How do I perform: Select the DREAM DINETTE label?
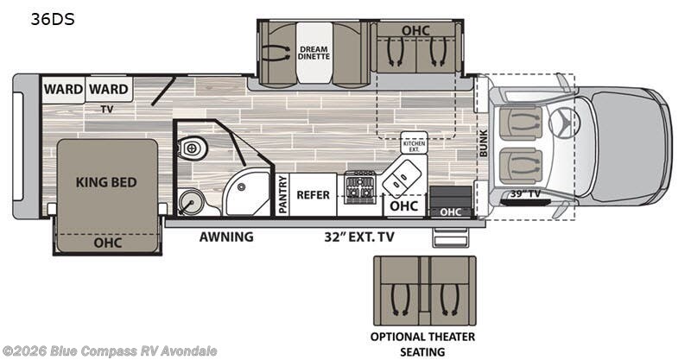click(314, 53)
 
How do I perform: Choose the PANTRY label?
click(282, 194)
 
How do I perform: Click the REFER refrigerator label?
click(313, 194)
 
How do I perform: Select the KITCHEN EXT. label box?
click(414, 143)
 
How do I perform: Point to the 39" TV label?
click(524, 193)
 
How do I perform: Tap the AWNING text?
click(226, 237)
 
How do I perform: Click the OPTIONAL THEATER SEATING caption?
click(423, 344)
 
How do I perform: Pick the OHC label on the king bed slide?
click(106, 243)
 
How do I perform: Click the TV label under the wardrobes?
click(107, 110)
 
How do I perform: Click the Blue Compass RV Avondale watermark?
click(109, 351)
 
